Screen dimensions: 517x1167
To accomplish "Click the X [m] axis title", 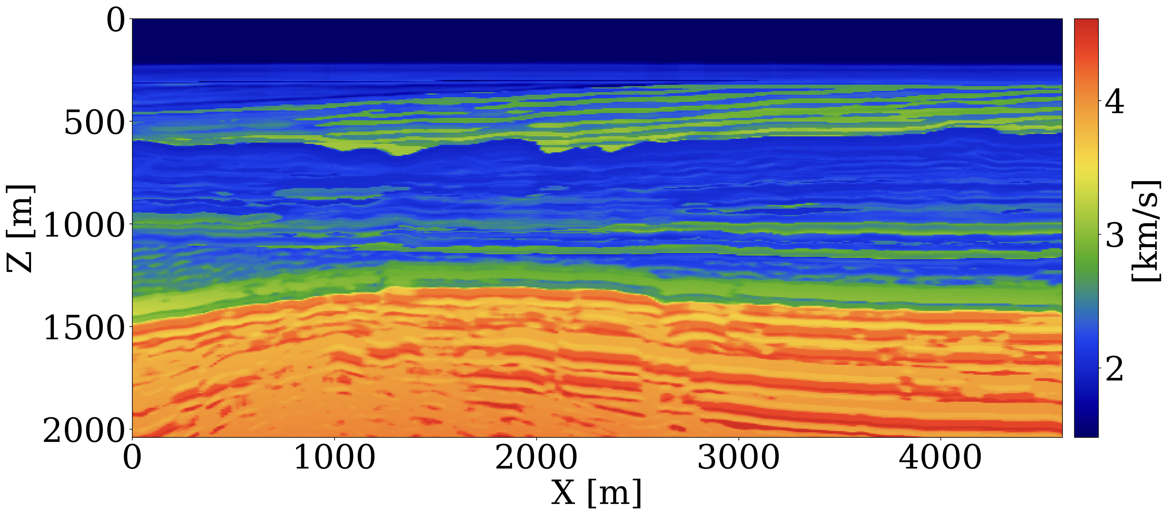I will pyautogui.click(x=596, y=493).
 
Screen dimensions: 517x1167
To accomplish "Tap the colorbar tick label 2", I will pyautogui.click(x=1115, y=369).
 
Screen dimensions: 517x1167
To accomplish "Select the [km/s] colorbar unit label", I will pyautogui.click(x=1146, y=231).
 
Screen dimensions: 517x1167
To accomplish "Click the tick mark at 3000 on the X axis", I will pyautogui.click(x=738, y=439).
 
